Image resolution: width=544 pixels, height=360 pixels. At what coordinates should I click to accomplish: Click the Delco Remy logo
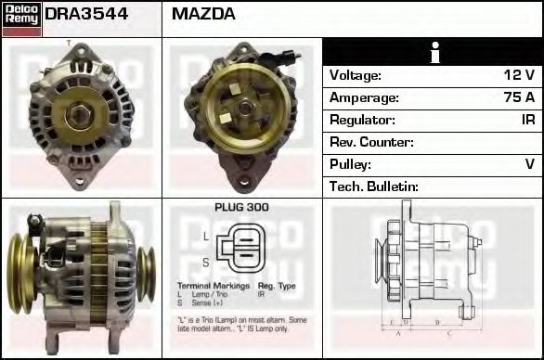21,18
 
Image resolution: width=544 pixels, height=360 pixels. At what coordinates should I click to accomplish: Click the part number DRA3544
86,15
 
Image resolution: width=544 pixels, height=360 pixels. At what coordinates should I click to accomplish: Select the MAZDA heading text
203,15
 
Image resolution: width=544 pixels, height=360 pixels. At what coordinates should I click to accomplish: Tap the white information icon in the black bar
433,52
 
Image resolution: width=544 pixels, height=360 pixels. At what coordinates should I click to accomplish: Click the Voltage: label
356,75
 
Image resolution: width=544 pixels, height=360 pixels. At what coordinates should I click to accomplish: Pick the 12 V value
521,75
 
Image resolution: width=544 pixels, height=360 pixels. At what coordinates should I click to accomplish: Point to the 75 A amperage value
520,97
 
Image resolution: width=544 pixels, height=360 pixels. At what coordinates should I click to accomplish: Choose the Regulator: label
363,120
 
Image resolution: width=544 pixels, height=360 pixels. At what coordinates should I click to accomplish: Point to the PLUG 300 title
241,208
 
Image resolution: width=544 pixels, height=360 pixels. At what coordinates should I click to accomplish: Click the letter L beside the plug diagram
205,237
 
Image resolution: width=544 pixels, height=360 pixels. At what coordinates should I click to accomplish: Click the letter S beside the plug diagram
205,263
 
